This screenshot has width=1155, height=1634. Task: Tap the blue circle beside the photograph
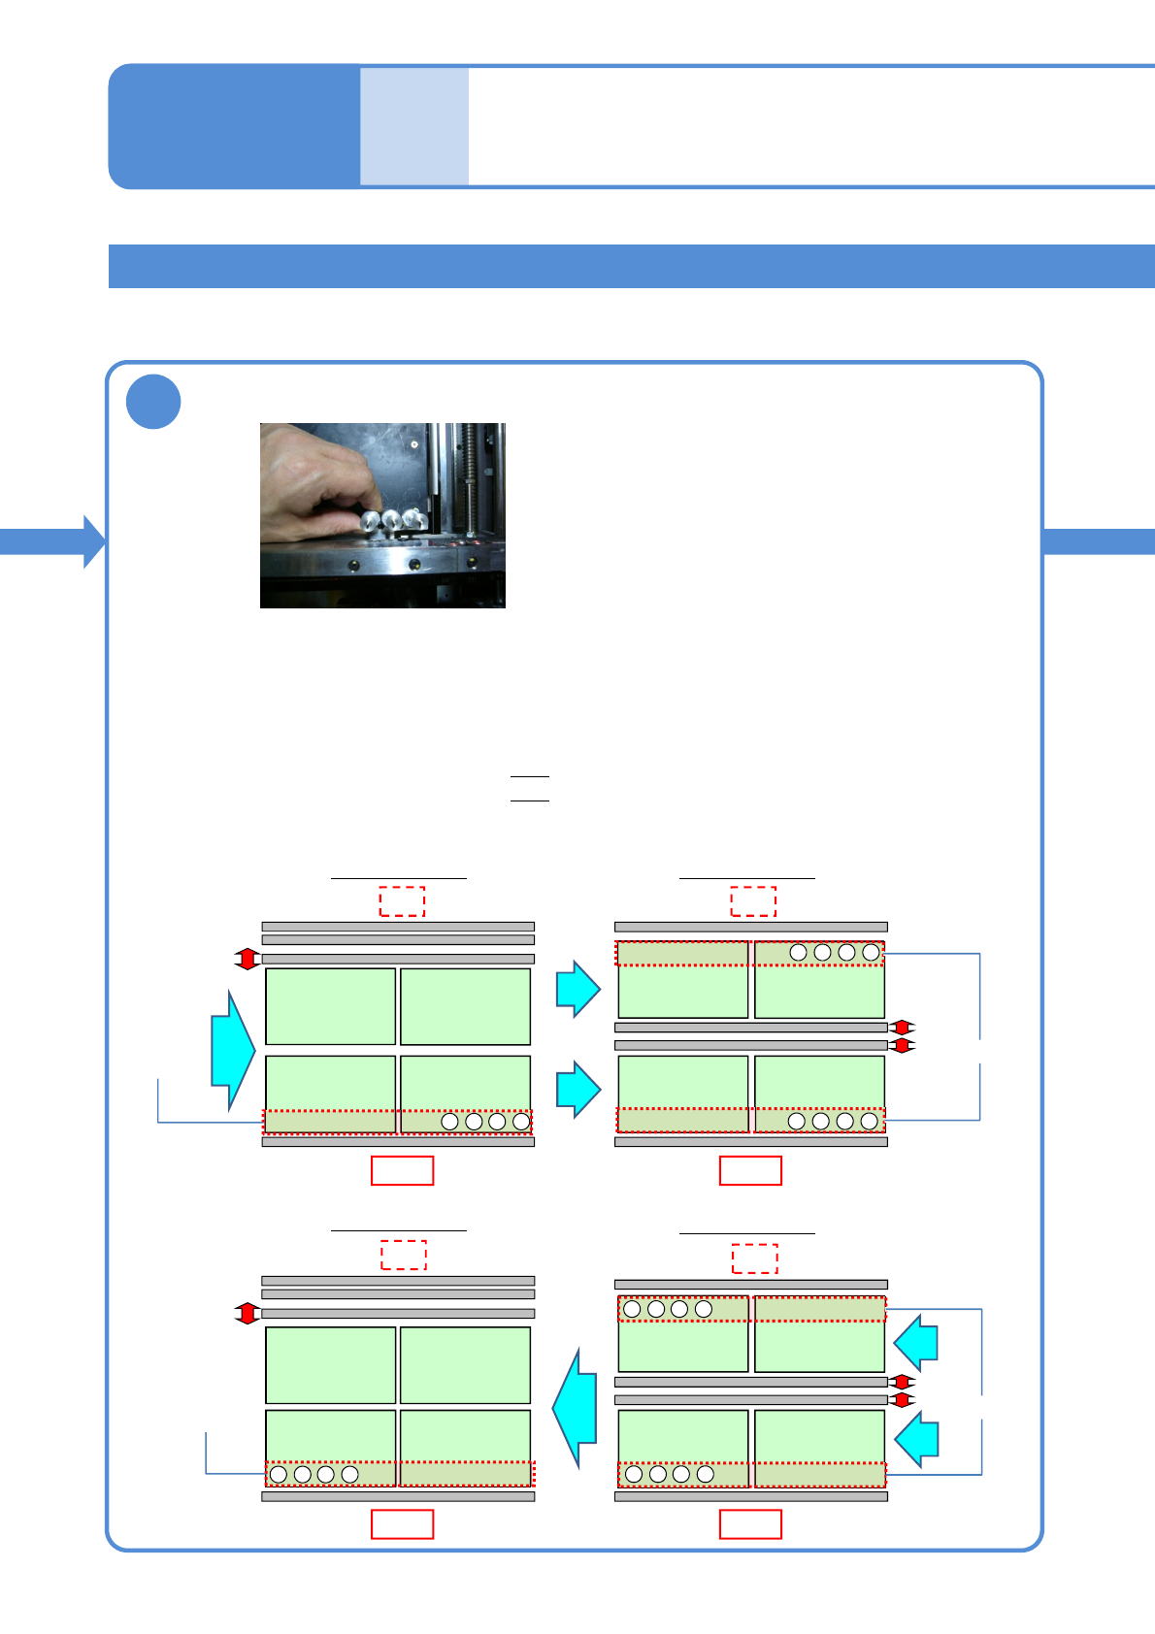click(153, 402)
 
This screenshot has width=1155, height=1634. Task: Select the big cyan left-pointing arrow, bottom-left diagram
click(576, 1408)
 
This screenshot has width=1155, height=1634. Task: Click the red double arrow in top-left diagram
click(247, 959)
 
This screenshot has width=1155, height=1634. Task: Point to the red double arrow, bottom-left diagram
click(247, 1313)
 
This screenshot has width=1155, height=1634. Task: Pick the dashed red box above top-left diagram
click(402, 901)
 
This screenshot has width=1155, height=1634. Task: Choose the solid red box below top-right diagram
click(750, 1171)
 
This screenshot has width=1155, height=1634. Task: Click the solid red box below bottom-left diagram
click(402, 1524)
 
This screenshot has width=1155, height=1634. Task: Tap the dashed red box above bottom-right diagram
click(754, 1258)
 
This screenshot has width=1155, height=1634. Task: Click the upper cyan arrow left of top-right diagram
click(578, 989)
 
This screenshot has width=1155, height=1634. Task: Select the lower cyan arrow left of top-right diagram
click(578, 1089)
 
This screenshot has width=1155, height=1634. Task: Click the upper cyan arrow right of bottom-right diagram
click(916, 1343)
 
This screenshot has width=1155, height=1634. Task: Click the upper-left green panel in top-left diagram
click(330, 1006)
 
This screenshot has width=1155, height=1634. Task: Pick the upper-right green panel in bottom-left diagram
click(465, 1365)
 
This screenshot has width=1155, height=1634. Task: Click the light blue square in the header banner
click(414, 126)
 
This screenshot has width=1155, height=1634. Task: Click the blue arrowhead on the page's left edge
click(94, 541)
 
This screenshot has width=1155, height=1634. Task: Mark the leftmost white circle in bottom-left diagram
click(279, 1474)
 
